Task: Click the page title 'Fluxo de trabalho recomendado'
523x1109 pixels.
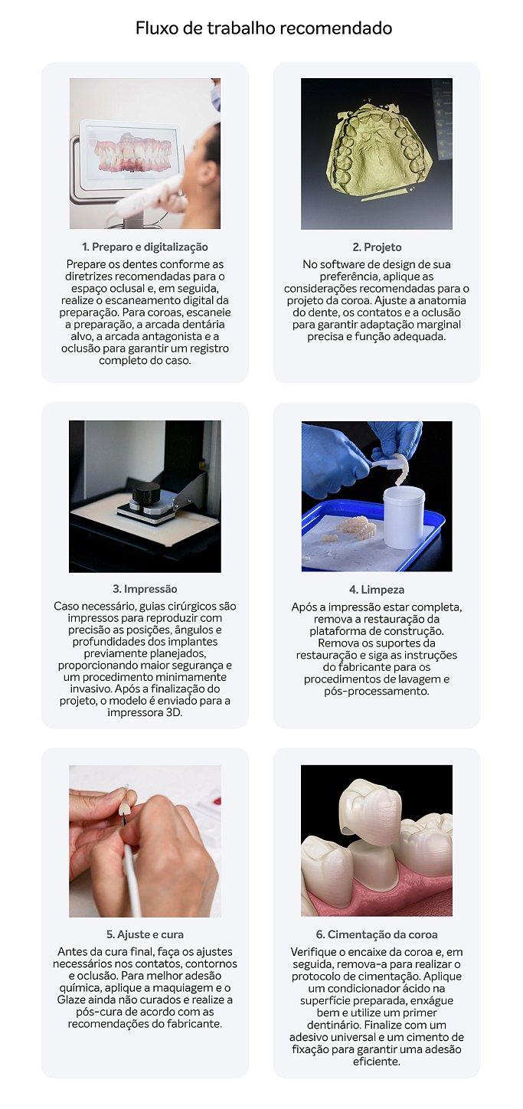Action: (x=263, y=28)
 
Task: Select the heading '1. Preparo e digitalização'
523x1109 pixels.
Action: (x=145, y=247)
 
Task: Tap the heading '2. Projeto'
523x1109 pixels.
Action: (x=377, y=247)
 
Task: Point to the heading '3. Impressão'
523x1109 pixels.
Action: (x=145, y=589)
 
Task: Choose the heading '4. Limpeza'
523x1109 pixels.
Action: (x=377, y=590)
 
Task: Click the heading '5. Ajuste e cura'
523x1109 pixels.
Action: (x=145, y=934)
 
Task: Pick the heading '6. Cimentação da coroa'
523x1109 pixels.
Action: (x=377, y=934)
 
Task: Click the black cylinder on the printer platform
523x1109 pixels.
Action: (x=146, y=493)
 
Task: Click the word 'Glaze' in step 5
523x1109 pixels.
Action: (x=71, y=999)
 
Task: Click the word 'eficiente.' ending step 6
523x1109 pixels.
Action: (x=377, y=1061)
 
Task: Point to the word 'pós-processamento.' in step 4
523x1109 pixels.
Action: (x=377, y=691)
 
